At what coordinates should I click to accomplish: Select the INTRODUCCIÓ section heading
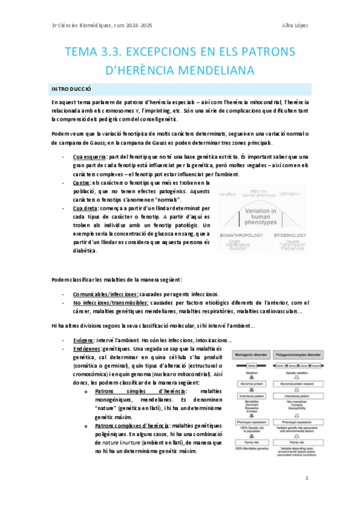coord(71,89)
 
